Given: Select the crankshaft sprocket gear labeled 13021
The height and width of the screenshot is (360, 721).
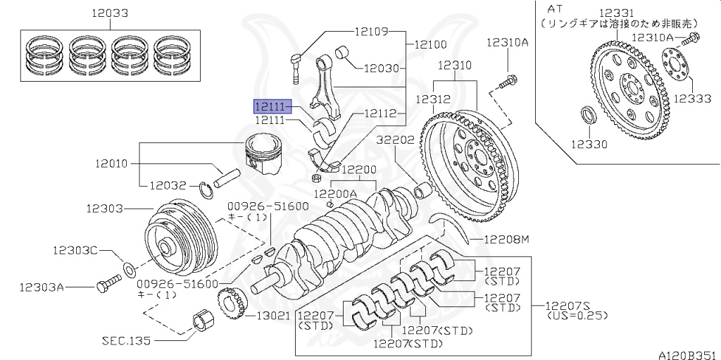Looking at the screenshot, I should [x=230, y=306].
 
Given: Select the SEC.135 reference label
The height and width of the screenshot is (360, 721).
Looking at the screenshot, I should [x=127, y=340].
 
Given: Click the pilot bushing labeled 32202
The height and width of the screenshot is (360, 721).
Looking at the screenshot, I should [x=425, y=191].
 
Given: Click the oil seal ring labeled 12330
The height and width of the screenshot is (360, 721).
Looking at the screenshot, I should [x=587, y=115].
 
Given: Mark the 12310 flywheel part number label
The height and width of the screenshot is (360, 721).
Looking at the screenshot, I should [x=455, y=65].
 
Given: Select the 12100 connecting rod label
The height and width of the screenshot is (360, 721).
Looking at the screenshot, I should [x=430, y=44].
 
